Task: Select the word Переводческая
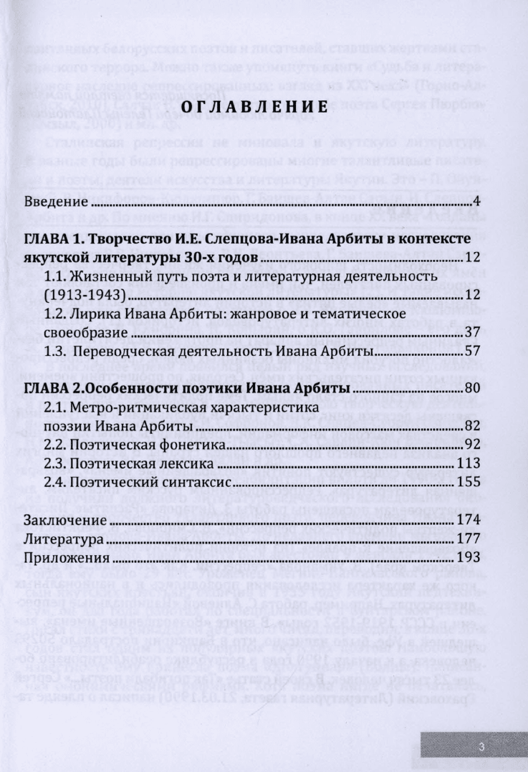(148, 352)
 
